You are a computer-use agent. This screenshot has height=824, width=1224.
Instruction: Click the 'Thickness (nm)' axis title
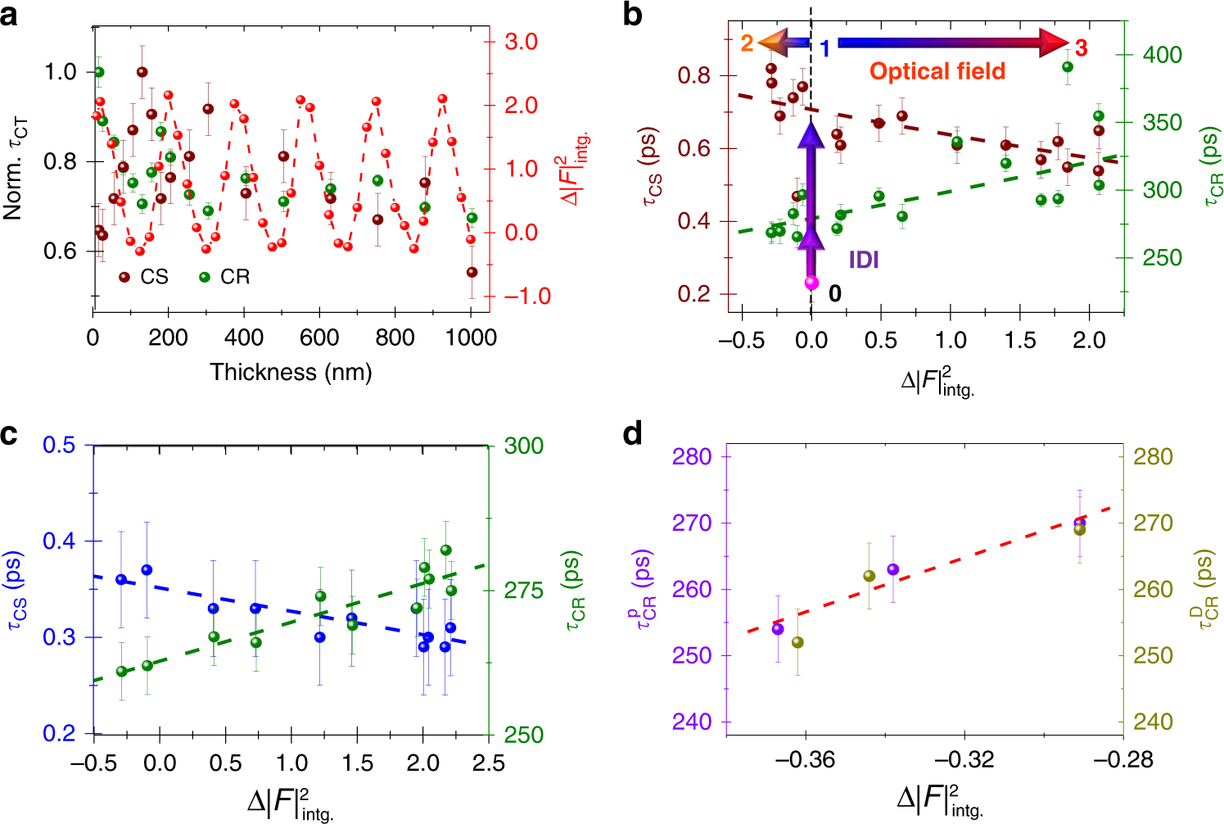291,373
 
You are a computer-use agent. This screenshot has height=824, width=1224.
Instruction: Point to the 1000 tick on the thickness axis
472,337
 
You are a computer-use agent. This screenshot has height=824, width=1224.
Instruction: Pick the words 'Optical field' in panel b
937,72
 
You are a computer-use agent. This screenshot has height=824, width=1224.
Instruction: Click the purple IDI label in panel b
864,260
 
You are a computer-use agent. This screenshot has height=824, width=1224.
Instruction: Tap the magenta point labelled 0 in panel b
811,283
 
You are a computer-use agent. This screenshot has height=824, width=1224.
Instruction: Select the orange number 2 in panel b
747,43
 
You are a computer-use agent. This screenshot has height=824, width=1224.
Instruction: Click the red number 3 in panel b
1081,48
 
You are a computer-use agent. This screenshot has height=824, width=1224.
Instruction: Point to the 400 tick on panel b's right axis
1162,55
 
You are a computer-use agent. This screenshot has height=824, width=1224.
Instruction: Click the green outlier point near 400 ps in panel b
1068,67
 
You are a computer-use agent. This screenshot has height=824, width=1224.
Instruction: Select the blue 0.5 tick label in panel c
58,445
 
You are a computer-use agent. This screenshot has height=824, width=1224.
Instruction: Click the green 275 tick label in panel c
523,591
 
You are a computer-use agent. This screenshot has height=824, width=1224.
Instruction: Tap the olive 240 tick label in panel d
1152,722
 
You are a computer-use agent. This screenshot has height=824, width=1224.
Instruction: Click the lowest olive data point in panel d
797,643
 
